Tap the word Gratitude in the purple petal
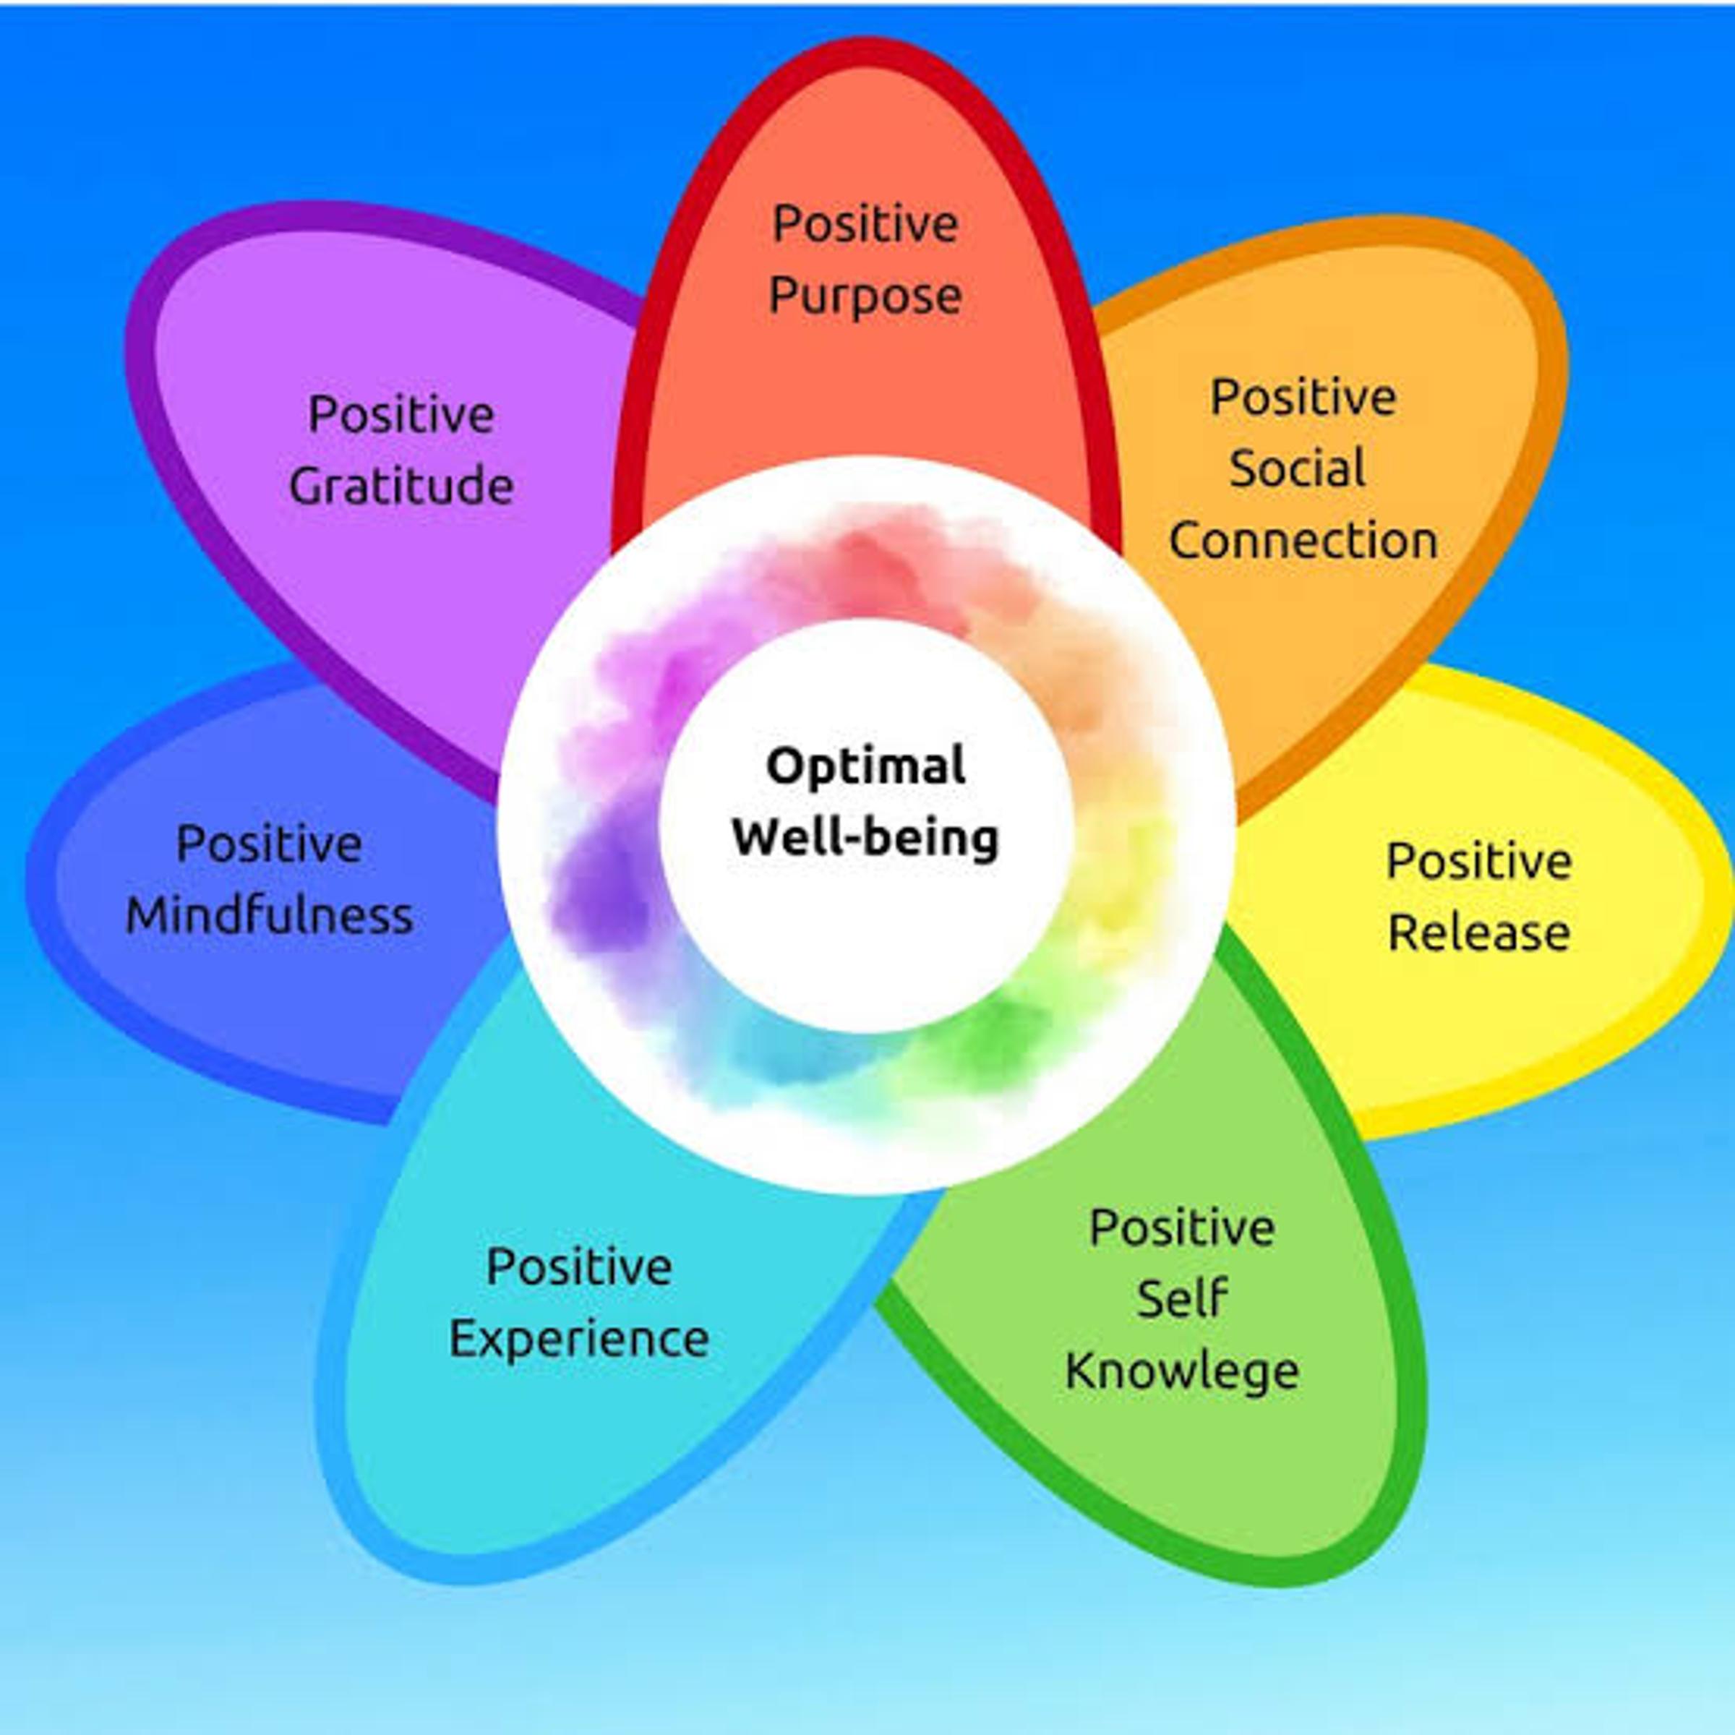(400, 487)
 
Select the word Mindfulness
(270, 916)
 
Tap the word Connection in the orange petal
(1303, 541)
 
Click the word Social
(1298, 468)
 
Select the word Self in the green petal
(1182, 1298)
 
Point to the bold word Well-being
(866, 838)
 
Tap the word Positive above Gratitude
(401, 414)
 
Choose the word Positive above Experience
(579, 1267)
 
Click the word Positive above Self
(1182, 1227)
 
